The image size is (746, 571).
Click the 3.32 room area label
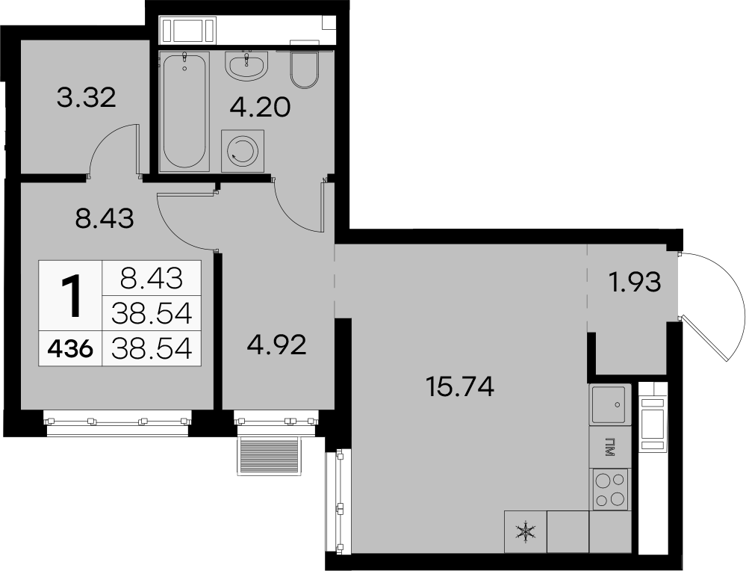(x=86, y=98)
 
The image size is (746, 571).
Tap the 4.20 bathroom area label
(x=260, y=108)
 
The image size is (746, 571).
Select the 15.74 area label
(x=460, y=386)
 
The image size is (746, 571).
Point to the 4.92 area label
(x=276, y=345)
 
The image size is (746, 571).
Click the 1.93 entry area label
(x=635, y=283)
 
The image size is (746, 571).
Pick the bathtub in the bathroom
(x=184, y=111)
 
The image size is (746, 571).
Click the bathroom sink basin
(x=247, y=65)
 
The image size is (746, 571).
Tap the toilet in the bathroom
(x=304, y=70)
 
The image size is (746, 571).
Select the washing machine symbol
(x=243, y=150)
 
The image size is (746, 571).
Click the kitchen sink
(x=610, y=404)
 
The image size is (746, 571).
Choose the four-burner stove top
(x=611, y=489)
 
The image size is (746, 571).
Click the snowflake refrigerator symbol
(x=525, y=532)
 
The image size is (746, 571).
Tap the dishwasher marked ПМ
(x=610, y=446)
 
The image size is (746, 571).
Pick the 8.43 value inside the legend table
(x=152, y=278)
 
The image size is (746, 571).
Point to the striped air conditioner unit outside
(x=270, y=456)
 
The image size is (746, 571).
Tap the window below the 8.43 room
(x=117, y=423)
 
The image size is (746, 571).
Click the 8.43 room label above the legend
(x=105, y=218)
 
